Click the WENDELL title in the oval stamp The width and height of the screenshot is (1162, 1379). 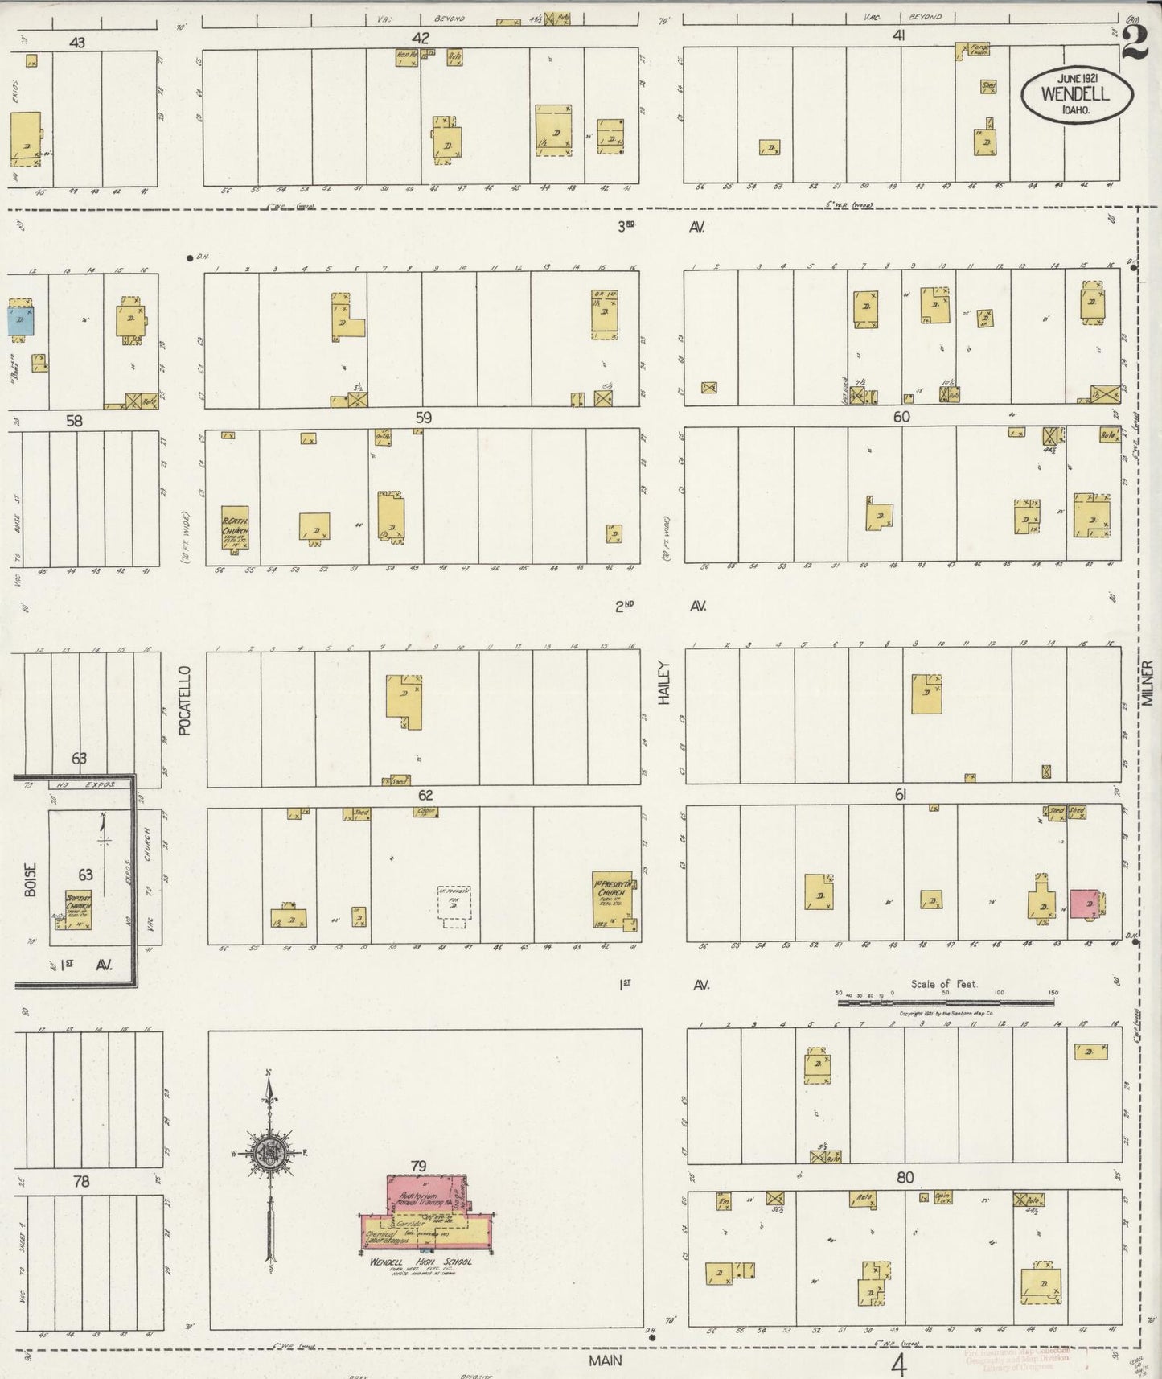click(1075, 93)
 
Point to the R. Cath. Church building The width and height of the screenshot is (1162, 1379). click(235, 527)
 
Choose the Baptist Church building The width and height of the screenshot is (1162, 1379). click(78, 910)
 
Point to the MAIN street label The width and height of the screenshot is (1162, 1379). click(605, 1360)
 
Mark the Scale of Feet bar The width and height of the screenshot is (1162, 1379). click(945, 1002)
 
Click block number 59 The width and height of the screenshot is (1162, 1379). click(423, 418)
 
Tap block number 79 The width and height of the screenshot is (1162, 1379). click(418, 1166)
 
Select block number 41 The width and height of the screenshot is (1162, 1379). click(899, 35)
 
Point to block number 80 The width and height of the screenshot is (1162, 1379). click(905, 1177)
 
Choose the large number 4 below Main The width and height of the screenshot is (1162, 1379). click(899, 1365)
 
